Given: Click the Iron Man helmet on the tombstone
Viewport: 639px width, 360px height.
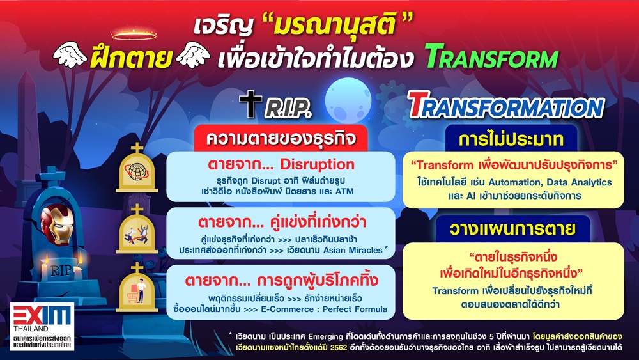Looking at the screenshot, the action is point(57,224).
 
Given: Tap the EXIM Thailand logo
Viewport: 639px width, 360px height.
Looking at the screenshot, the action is point(42,326).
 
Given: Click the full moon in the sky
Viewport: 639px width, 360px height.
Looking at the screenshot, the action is point(348,100).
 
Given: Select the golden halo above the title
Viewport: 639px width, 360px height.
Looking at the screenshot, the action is point(134,35).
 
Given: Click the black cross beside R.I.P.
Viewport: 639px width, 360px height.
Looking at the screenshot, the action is point(250,104).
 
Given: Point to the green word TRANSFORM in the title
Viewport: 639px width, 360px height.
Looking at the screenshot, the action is point(491,56).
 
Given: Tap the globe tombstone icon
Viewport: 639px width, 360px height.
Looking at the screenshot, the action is point(137,168).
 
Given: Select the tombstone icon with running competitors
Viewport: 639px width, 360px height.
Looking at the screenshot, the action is point(137,229).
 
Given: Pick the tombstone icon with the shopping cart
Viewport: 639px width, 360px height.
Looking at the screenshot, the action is point(137,288).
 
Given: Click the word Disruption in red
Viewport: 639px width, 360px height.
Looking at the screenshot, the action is point(317,164).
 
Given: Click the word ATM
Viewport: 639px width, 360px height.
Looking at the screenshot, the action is point(344,191).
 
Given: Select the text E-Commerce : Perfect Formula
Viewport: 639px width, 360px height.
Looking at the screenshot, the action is point(324,309).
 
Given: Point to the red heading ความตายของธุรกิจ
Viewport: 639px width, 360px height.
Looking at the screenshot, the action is point(281,139).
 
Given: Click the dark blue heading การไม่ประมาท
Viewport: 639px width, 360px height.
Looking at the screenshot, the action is point(511,139).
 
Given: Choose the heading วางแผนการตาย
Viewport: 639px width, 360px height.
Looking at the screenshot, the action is point(512,229).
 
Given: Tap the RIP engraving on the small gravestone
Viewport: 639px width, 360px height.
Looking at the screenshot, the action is point(61,269).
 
